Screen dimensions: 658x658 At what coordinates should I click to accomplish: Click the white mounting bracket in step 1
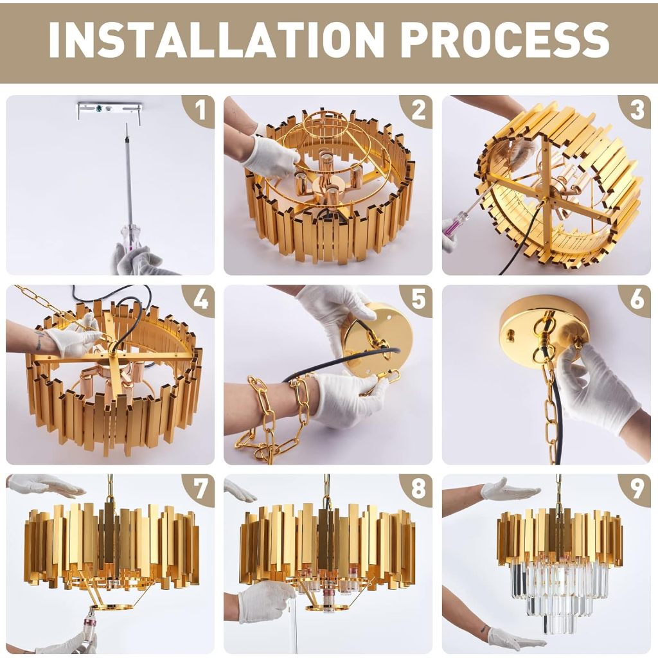click(x=109, y=110)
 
